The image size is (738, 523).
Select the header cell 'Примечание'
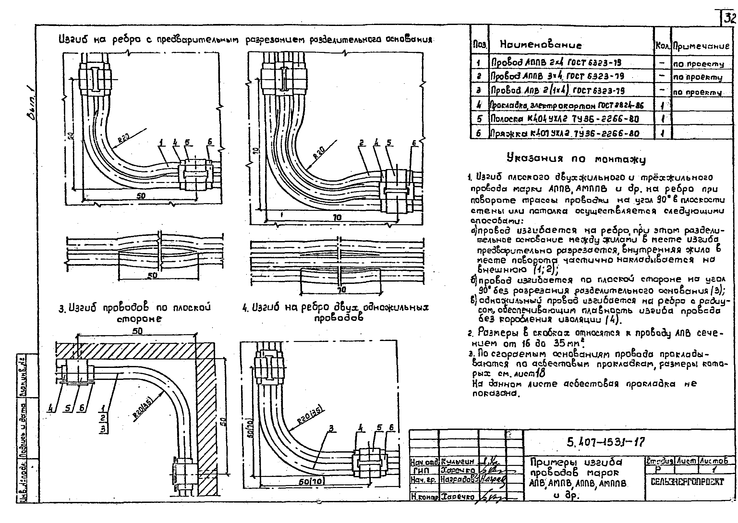click(701, 46)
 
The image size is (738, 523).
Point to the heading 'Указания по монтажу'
click(576, 159)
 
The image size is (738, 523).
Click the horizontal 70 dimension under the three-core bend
click(337, 217)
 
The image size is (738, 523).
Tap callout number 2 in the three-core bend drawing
click(361, 143)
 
